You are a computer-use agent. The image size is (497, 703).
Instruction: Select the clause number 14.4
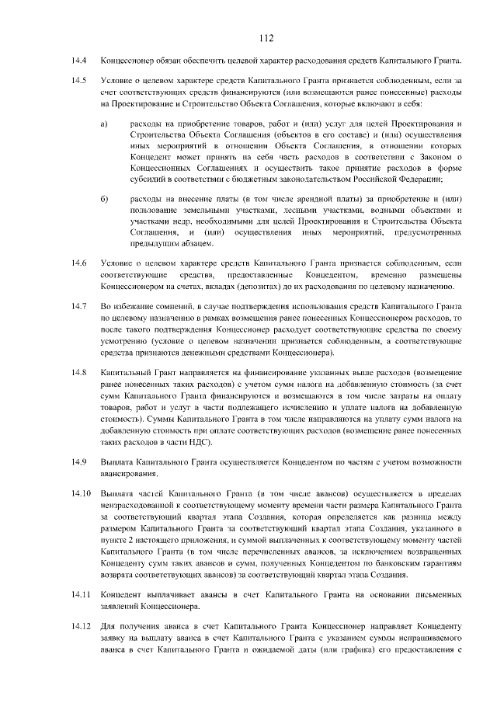tap(78, 60)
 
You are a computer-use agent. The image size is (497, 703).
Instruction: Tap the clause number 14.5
tap(78, 80)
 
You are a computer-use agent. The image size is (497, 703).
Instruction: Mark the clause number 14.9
tap(78, 462)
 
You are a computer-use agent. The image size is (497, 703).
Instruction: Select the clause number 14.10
tap(81, 494)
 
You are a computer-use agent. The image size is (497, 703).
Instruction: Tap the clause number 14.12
tap(81, 625)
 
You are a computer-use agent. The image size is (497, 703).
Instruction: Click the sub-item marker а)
tap(105, 124)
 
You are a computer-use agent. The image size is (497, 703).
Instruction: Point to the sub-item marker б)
tap(105, 200)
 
